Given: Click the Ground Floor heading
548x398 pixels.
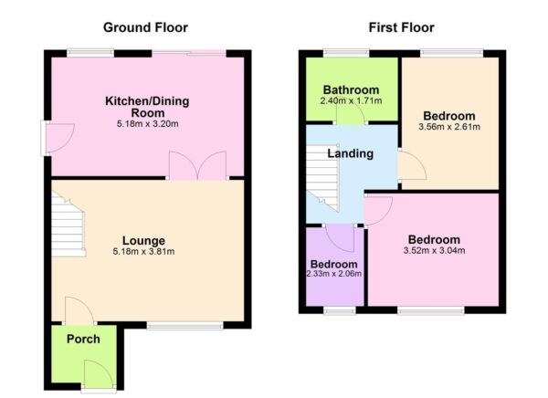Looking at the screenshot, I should pyautogui.click(x=146, y=27).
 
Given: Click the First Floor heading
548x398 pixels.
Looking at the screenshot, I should pyautogui.click(x=401, y=27).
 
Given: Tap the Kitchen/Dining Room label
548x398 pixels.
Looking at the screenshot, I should pyautogui.click(x=147, y=107).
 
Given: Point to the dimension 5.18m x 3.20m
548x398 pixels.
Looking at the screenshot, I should pyautogui.click(x=147, y=124).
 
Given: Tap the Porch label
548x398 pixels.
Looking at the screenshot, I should pyautogui.click(x=83, y=340).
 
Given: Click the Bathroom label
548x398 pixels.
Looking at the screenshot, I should pyautogui.click(x=351, y=89).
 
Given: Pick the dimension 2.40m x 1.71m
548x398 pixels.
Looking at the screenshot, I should pyautogui.click(x=351, y=101).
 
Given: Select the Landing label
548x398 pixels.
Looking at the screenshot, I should pyautogui.click(x=351, y=153).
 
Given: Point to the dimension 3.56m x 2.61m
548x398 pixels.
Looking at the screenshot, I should pyautogui.click(x=449, y=129).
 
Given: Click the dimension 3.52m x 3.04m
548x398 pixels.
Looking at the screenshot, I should pyautogui.click(x=432, y=250).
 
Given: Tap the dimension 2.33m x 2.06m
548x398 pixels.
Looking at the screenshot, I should pyautogui.click(x=333, y=273).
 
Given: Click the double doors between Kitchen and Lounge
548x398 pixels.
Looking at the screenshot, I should pyautogui.click(x=197, y=165).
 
